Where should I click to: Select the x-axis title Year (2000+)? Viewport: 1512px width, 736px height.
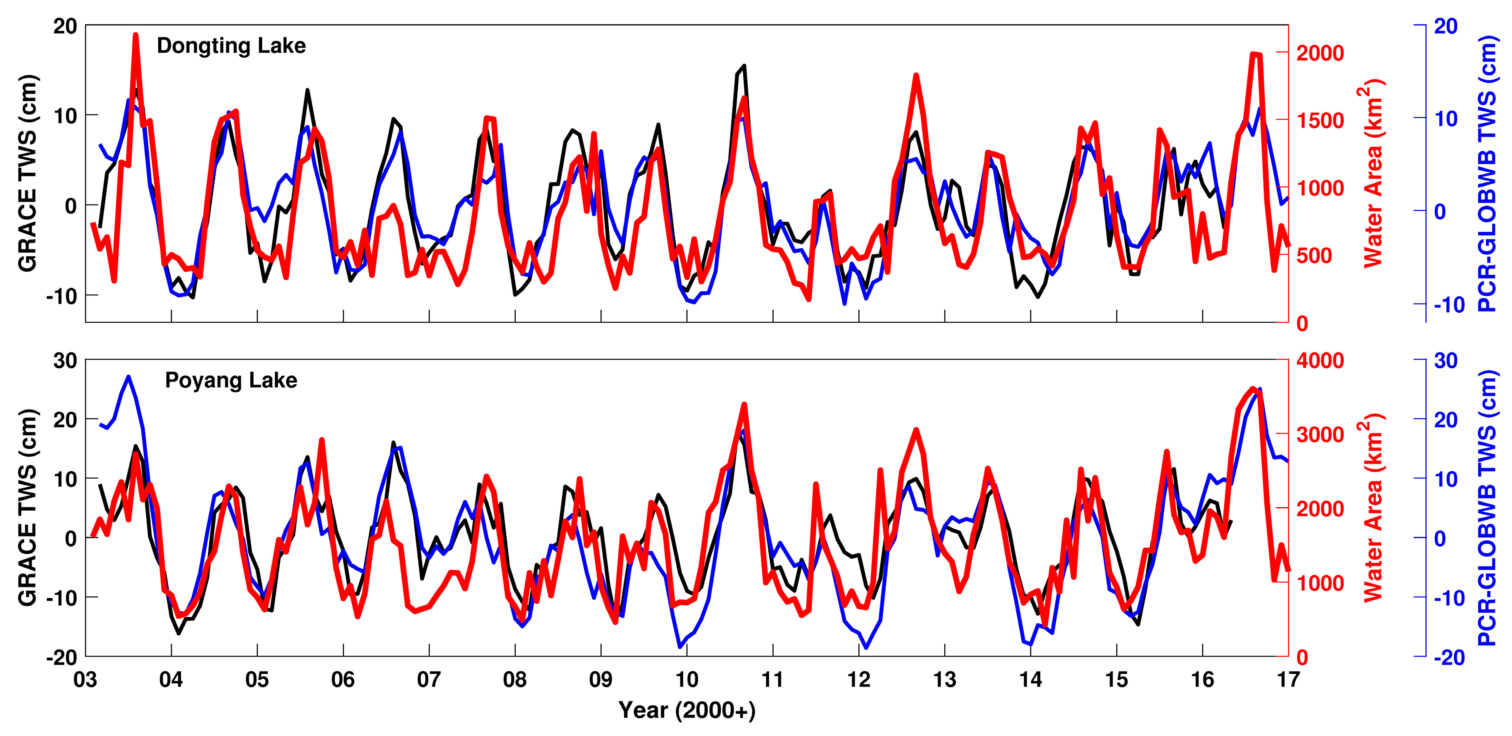pyautogui.click(x=687, y=710)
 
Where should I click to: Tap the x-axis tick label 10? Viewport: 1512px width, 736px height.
pyautogui.click(x=687, y=680)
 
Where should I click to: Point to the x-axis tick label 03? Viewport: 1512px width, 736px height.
pyautogui.click(x=86, y=680)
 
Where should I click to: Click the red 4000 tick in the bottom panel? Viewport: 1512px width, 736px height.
pyautogui.click(x=1319, y=361)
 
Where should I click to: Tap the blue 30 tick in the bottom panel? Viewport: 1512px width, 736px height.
pyautogui.click(x=1445, y=361)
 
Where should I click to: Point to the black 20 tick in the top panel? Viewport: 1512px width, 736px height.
pyautogui.click(x=65, y=27)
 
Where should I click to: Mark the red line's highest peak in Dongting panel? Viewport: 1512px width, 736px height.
pyautogui.click(x=136, y=35)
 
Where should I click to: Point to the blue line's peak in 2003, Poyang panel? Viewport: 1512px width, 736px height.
pyautogui.click(x=128, y=376)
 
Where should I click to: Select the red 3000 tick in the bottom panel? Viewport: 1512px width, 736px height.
pyautogui.click(x=1319, y=435)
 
